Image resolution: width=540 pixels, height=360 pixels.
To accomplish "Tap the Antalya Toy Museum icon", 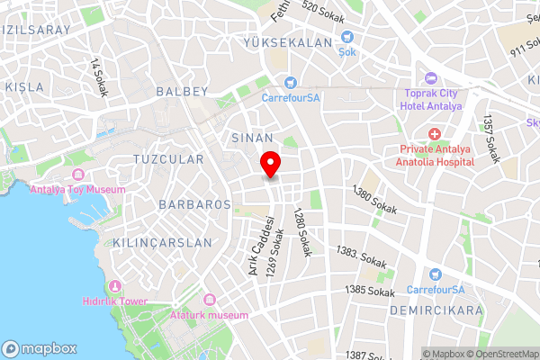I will tap(77, 174).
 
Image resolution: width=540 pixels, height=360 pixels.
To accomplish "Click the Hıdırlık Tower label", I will tap(114, 302).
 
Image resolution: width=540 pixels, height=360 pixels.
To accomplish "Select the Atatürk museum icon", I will tap(210, 300).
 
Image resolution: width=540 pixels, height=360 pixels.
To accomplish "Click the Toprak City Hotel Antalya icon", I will tap(431, 78).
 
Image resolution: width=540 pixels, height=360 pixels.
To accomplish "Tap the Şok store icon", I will tap(347, 38).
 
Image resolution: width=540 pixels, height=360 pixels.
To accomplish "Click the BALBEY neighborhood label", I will tap(182, 91).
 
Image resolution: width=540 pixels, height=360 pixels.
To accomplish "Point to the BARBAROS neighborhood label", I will tap(195, 204).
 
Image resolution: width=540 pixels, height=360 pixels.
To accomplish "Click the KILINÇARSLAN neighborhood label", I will tap(163, 243).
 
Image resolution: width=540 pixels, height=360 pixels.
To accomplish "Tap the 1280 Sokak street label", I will tap(301, 233).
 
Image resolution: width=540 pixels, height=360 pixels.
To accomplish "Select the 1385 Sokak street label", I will tap(370, 292).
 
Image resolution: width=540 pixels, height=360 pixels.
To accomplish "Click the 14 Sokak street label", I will tap(96, 77).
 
